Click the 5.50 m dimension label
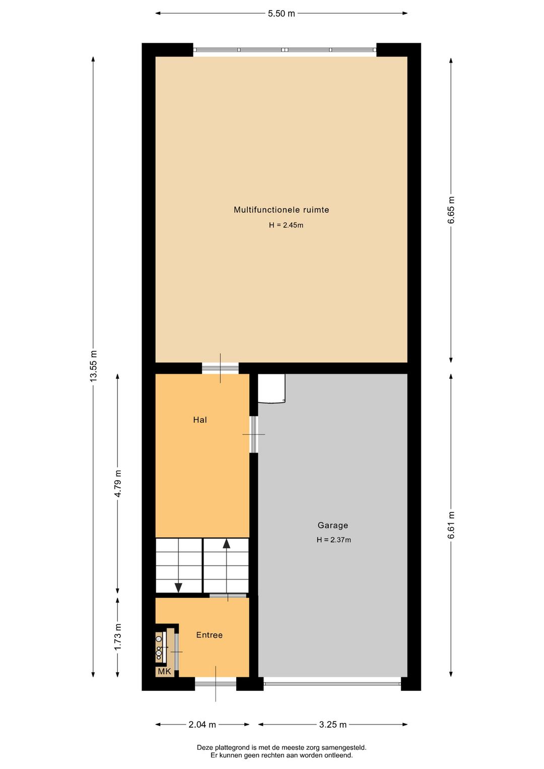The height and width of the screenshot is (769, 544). coord(281,14)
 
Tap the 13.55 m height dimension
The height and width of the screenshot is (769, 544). coord(93,366)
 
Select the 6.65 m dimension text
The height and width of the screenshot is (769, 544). coord(451,210)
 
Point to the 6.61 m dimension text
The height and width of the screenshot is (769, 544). coord(451,525)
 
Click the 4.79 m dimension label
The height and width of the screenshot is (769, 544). coord(118,483)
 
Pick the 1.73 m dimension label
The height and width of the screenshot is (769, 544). coord(118,636)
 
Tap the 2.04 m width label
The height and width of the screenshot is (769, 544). coord(202,725)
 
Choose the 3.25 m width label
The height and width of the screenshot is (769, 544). coord(332,725)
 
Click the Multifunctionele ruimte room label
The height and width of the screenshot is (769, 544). coord(281,210)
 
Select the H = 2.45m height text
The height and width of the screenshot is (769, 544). coord(286,225)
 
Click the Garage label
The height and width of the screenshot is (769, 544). coord(332,525)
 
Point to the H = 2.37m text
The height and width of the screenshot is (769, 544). coord(333,540)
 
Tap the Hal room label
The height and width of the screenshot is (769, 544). coord(200,420)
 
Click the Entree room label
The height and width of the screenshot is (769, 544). coord(209,635)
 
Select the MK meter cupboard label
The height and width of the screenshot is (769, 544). coord(164,671)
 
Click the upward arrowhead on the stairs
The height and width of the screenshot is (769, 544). coord(227,544)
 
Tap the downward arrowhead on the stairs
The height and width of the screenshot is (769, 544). coord(178,587)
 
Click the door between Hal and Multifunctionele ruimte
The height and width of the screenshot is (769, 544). coord(220,368)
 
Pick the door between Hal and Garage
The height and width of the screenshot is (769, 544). coord(254,434)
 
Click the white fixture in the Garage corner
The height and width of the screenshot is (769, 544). coord(271,389)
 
